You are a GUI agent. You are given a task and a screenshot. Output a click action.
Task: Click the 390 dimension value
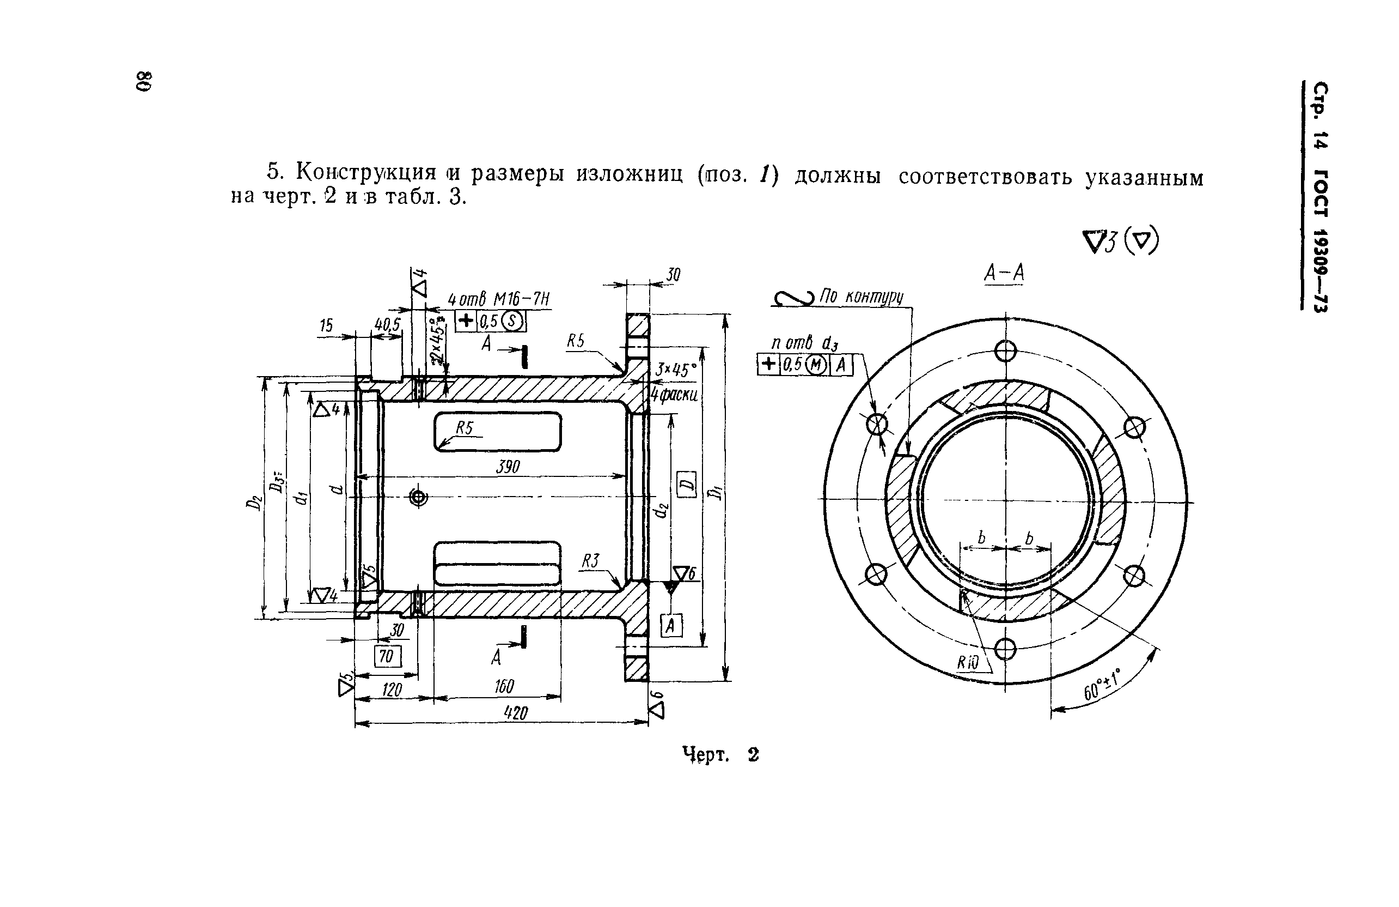click(x=508, y=467)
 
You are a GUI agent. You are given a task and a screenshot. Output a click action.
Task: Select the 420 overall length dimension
click(x=516, y=713)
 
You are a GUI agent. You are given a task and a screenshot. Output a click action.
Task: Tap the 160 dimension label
click(x=504, y=686)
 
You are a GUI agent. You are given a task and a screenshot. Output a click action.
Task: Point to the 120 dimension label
click(x=392, y=690)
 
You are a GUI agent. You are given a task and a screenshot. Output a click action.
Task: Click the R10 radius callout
click(x=968, y=663)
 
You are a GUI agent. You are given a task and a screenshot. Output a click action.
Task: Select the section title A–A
click(x=1004, y=274)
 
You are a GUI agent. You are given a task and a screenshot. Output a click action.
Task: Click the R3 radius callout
click(x=590, y=561)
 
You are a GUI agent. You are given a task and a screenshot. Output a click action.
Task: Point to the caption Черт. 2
click(x=720, y=755)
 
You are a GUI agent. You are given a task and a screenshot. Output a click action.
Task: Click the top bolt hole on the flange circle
click(x=1005, y=351)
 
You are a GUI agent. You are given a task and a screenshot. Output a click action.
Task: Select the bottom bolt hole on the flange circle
click(x=1005, y=649)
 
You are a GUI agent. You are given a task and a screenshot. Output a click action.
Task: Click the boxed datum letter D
click(x=687, y=484)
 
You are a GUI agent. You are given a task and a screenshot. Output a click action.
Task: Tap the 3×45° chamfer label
click(x=675, y=370)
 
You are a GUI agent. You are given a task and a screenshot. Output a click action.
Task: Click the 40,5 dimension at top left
click(x=387, y=325)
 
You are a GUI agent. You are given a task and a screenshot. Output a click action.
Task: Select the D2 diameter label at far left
click(x=254, y=503)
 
